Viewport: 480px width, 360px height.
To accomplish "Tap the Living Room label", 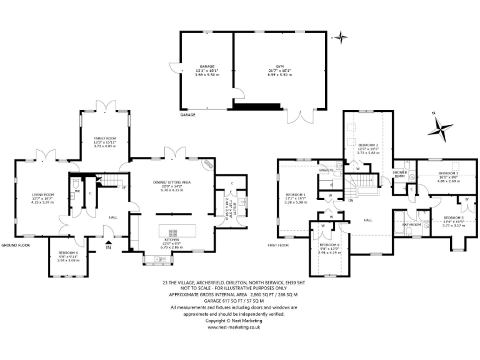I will (43, 195).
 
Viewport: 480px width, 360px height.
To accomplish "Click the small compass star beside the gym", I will (341, 37).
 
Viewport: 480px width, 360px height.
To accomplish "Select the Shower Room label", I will (399, 174).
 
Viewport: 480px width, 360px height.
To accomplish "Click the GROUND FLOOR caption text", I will (15, 246).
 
